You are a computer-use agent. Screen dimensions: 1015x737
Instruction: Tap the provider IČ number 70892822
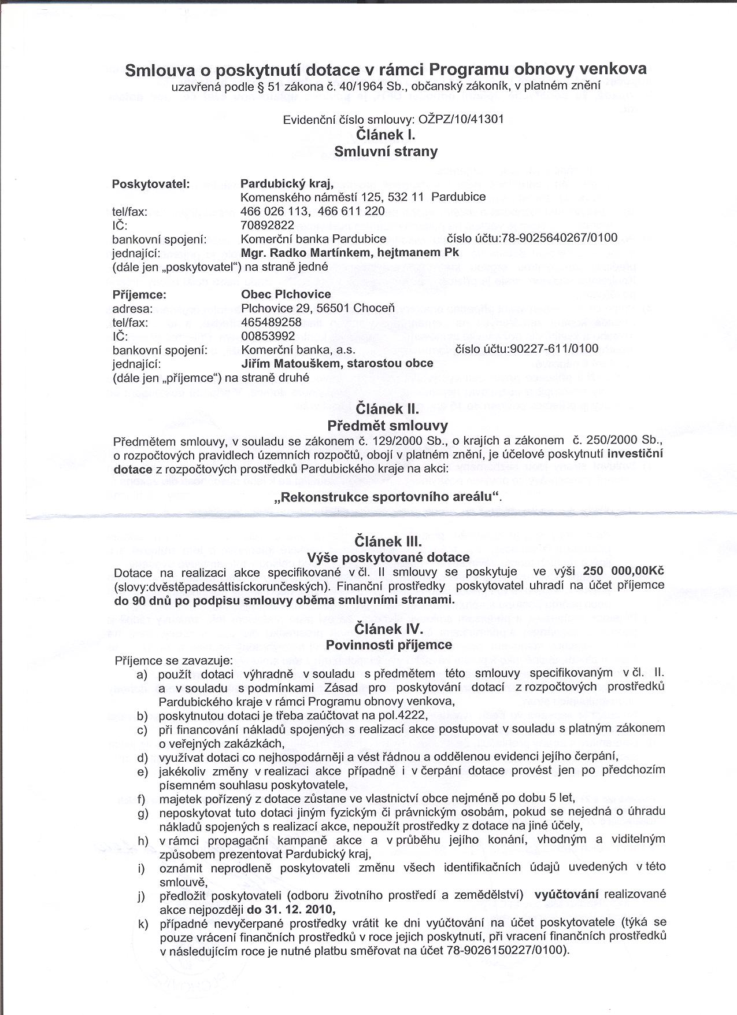267,224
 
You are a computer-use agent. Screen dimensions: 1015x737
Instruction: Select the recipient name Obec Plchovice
286,294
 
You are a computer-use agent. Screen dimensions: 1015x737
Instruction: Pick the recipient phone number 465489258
271,322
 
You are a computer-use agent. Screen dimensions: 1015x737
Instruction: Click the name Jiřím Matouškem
291,363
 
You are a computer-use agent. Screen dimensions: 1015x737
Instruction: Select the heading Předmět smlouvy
387,426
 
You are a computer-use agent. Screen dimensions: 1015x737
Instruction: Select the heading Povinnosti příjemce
389,644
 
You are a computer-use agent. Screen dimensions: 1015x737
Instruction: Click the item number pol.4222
398,715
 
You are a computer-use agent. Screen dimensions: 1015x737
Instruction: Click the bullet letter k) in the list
143,924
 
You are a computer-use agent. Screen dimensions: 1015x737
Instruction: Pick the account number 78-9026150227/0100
507,950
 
